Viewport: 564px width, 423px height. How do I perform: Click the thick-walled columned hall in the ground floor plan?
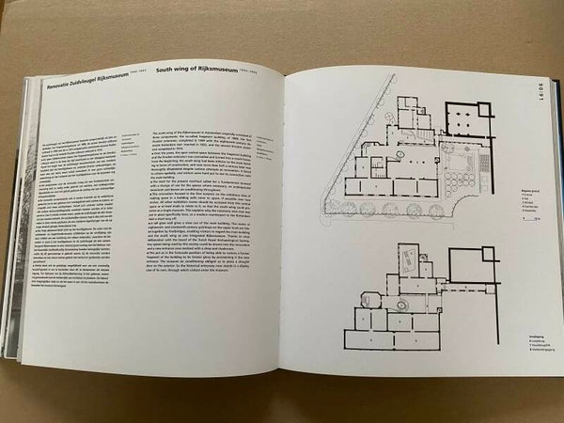tap(464, 123)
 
